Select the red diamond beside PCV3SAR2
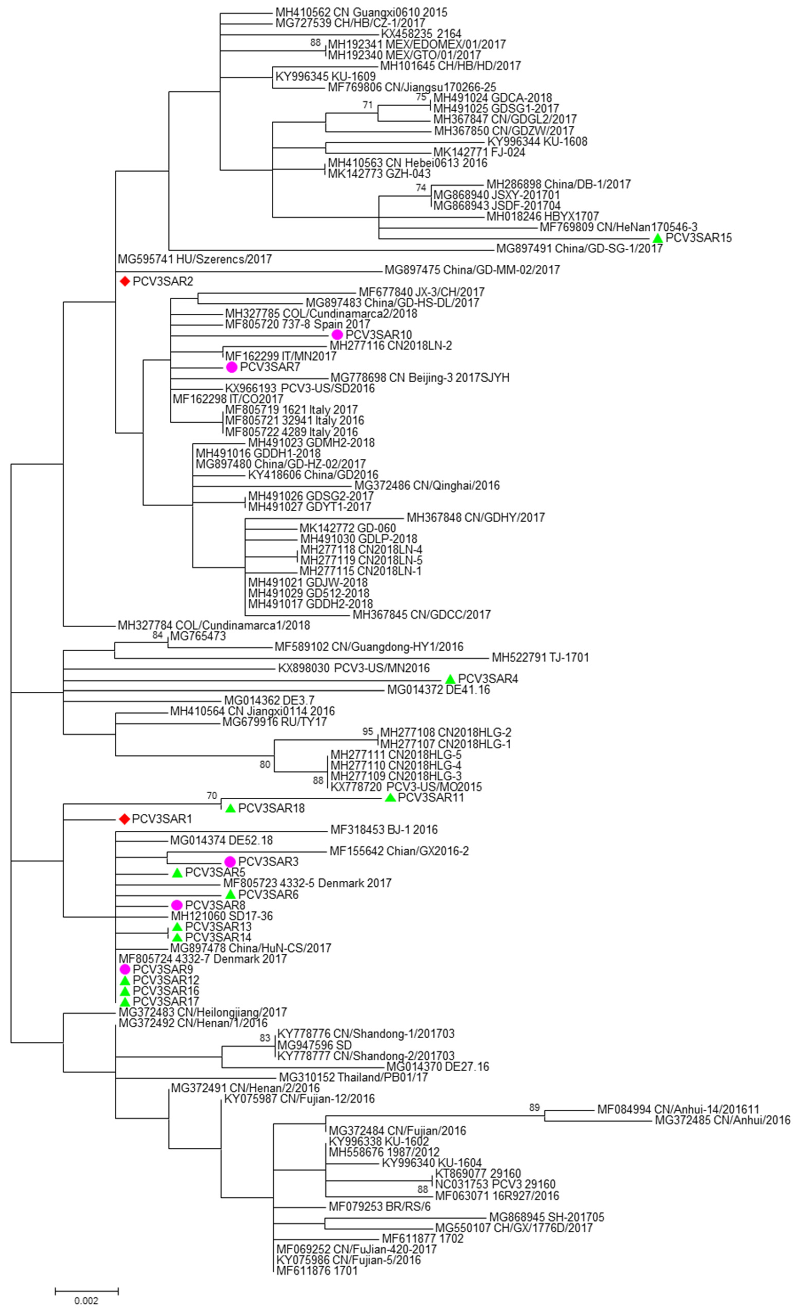(125, 281)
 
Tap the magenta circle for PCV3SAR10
(337, 334)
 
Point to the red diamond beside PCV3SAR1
(124, 819)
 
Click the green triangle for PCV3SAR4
(450, 679)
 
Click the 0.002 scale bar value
(86, 1301)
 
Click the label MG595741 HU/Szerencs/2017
(195, 259)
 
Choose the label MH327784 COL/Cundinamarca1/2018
(214, 625)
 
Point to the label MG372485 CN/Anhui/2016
(722, 1120)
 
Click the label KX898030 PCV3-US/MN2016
(353, 668)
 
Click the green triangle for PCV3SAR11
(390, 798)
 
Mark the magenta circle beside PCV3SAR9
(125, 969)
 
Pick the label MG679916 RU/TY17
(274, 722)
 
